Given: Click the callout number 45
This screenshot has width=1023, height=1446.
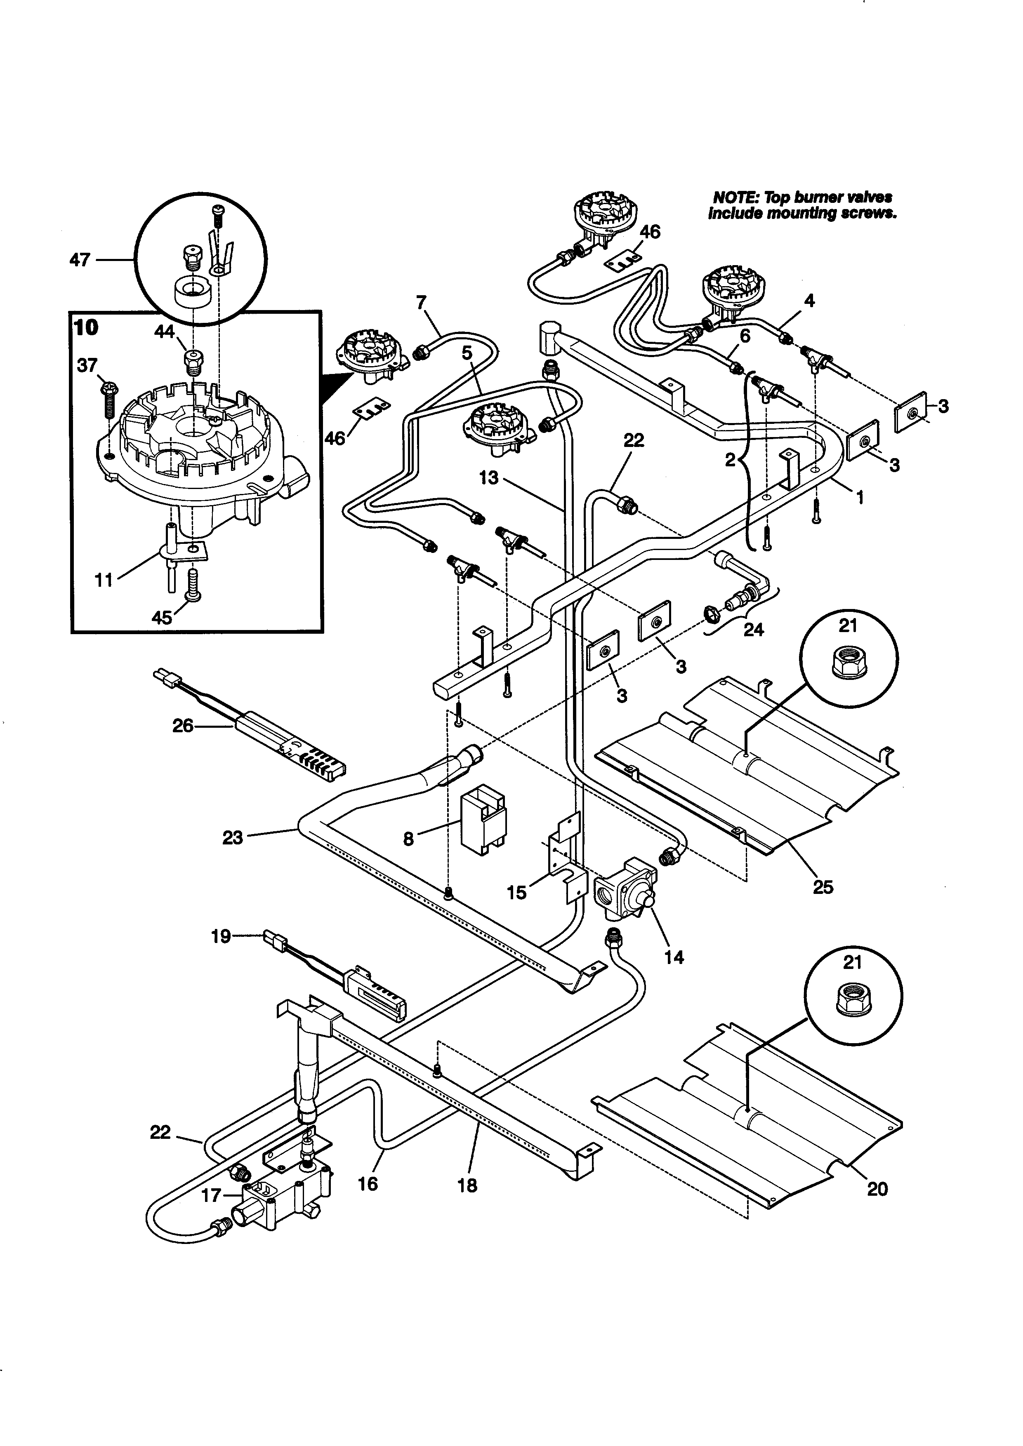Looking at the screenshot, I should pos(162,617).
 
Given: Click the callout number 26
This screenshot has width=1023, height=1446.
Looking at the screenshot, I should pos(183,726).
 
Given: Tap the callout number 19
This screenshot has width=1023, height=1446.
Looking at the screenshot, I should pos(220,936).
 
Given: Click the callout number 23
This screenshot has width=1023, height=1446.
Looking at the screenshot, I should pos(232,837).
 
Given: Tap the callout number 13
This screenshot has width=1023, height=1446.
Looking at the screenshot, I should pos(488,478).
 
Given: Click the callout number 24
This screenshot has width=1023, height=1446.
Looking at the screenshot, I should pos(753,629).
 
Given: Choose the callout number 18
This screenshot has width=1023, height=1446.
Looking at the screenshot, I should pos(467,1185).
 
